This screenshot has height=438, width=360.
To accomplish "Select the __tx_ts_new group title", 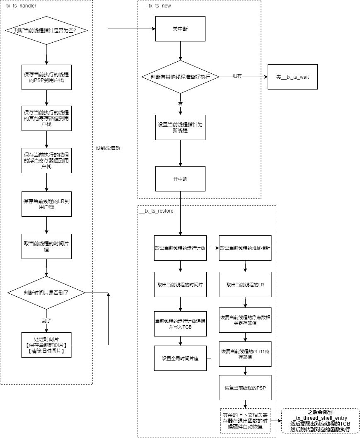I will [x=157, y=6].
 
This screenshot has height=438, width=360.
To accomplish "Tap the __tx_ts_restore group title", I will [x=157, y=211].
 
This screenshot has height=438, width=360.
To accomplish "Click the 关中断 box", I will [x=180, y=29].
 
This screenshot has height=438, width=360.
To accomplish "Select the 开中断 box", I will [x=180, y=179].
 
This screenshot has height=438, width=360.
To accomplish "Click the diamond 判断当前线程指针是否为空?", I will [x=46, y=30].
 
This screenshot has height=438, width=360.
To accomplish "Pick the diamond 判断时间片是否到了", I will [x=46, y=293].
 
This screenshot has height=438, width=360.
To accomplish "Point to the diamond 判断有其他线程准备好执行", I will [x=180, y=77].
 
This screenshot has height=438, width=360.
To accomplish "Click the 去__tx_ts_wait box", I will [x=292, y=77].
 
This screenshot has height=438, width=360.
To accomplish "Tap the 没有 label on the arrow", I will [x=237, y=76].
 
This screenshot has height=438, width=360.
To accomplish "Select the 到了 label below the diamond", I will [x=46, y=320].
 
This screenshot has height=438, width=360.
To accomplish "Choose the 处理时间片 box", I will [x=46, y=345].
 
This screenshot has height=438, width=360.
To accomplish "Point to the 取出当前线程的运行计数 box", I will [x=180, y=248].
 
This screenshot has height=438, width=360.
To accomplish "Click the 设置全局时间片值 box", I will [x=180, y=358].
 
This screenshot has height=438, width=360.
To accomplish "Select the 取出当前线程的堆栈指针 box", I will [x=245, y=248].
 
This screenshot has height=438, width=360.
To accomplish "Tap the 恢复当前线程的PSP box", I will [x=245, y=387].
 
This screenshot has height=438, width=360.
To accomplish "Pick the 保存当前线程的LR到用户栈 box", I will [x=46, y=203].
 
